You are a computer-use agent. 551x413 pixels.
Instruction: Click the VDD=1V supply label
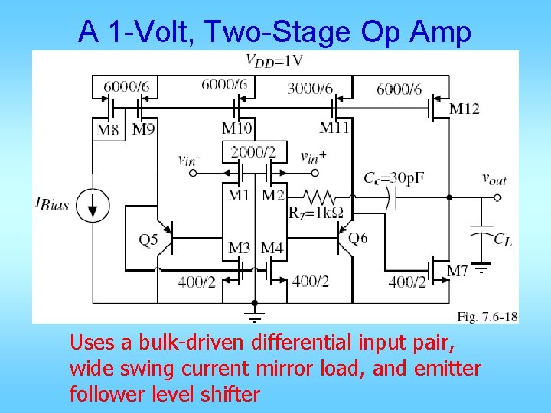click(274, 60)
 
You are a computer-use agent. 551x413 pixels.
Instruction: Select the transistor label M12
click(464, 109)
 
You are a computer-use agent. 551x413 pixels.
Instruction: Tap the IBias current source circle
click(93, 205)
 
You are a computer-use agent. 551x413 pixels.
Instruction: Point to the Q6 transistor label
click(357, 239)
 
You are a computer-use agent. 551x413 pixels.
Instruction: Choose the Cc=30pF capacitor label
click(393, 177)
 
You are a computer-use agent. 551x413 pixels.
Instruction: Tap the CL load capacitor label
click(502, 239)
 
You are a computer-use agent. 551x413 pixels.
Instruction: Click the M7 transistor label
click(457, 271)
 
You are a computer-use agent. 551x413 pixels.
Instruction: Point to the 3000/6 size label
click(310, 89)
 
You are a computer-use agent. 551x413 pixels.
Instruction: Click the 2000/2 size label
click(253, 152)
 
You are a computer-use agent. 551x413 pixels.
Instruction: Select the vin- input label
click(189, 159)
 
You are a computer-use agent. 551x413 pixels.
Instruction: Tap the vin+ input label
click(313, 157)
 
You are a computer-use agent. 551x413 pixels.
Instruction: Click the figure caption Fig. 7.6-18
click(487, 316)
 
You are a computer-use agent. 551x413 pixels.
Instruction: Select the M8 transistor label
click(107, 130)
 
